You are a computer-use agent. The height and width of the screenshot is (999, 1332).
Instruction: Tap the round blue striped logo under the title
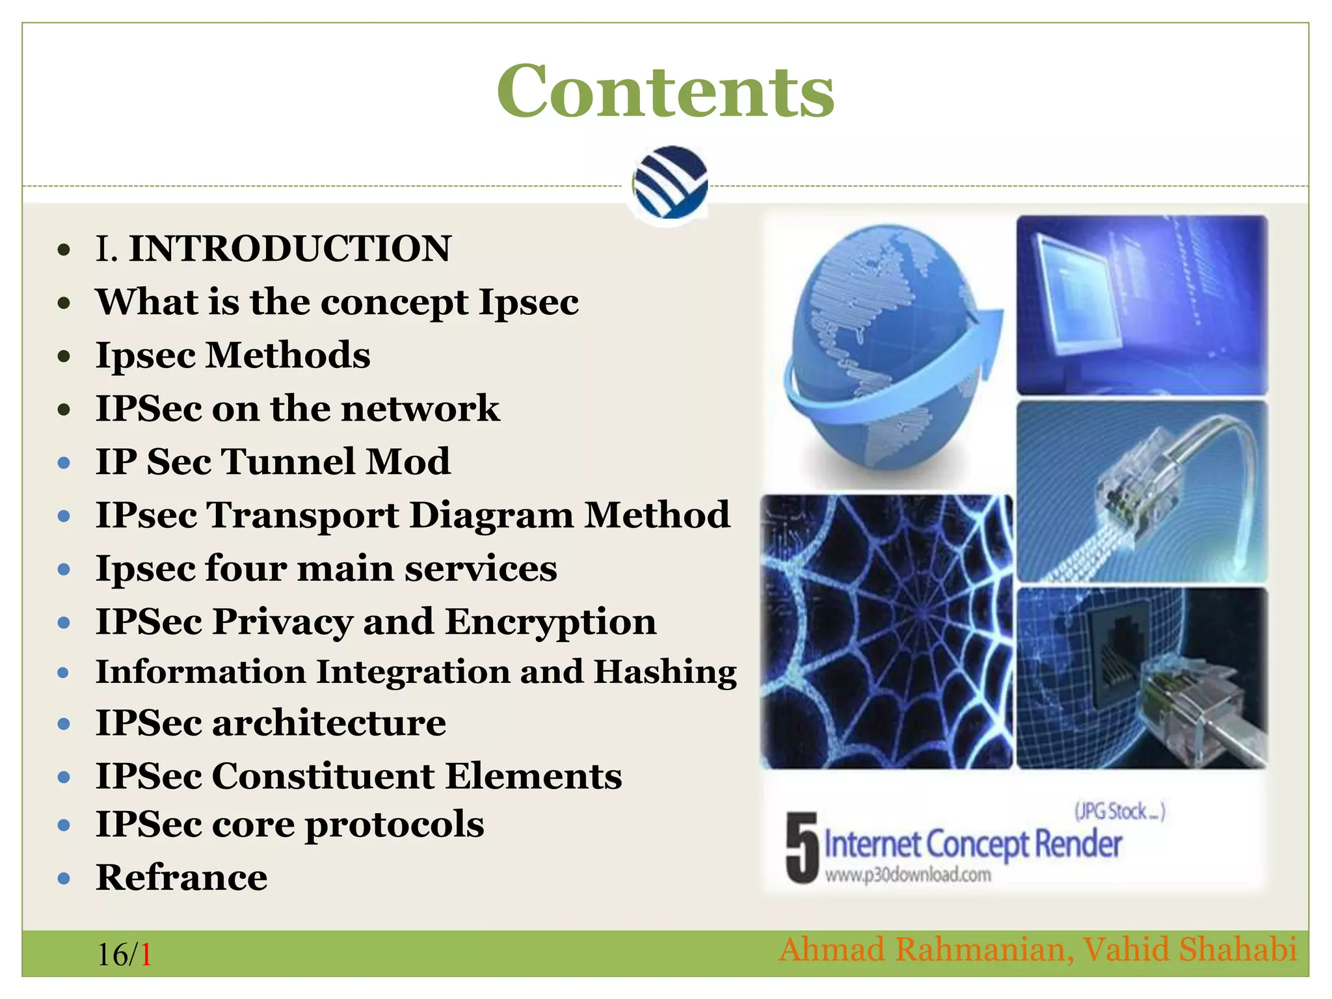pos(670,183)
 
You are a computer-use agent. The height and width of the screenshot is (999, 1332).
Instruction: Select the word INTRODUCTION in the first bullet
pos(289,248)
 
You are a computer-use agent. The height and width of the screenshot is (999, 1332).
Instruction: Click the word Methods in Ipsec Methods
pos(288,355)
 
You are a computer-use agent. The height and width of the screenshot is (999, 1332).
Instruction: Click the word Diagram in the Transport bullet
pos(491,515)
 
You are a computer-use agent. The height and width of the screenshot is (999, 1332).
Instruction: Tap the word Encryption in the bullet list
pos(551,622)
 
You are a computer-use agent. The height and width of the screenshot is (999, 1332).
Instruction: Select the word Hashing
pos(665,672)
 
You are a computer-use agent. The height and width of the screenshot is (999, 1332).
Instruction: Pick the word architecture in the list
pos(329,723)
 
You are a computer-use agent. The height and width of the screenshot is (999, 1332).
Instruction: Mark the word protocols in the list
pos(394,825)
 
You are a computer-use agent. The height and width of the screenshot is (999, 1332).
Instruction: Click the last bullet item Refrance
pos(181,877)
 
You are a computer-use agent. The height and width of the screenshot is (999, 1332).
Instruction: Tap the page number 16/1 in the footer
pos(124,955)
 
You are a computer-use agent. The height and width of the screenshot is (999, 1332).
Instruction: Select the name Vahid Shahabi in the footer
pos(1190,949)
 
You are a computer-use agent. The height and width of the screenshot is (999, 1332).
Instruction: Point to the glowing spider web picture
pos(886,631)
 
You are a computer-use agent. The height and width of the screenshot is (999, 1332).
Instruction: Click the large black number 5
pos(801,847)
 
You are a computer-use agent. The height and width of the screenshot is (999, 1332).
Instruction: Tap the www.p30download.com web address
pos(908,875)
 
